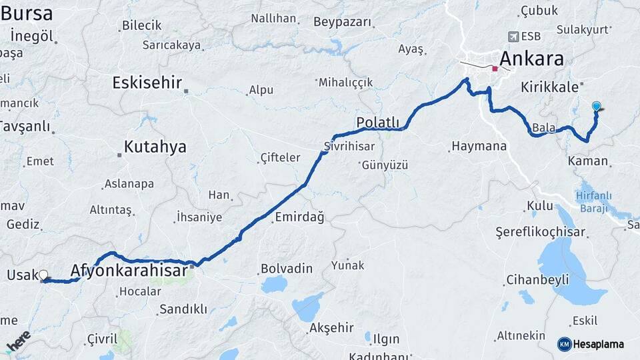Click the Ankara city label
(531, 58)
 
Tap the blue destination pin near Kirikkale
(597, 106)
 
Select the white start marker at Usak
(43, 275)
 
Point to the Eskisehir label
(147, 83)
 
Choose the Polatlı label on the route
(378, 123)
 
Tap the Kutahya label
(155, 147)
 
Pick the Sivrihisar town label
(349, 146)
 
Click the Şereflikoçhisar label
(540, 232)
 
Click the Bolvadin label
(286, 269)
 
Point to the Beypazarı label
(342, 22)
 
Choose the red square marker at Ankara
(495, 69)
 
